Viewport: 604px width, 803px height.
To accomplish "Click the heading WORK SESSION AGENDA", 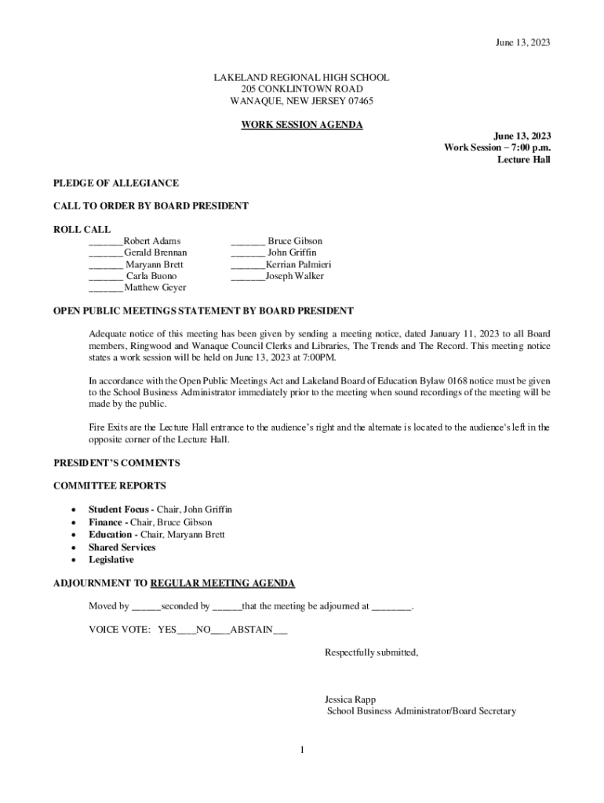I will [302, 125].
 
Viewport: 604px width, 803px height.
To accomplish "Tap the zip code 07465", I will [356, 101].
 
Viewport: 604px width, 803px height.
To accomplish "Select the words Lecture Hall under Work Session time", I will [524, 160].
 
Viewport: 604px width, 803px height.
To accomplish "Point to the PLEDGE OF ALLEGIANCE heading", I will [116, 183].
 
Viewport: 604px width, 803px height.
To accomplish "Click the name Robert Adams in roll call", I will [152, 241].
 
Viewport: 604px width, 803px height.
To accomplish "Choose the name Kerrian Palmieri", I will [298, 264].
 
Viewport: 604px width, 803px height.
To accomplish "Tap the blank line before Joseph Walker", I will [247, 277].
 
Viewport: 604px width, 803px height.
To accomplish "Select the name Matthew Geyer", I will [155, 288].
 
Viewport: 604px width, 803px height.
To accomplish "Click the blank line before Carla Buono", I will [105, 277].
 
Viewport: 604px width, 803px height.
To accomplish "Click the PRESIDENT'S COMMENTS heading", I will [116, 463].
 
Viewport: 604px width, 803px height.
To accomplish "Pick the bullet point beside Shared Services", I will [73, 547].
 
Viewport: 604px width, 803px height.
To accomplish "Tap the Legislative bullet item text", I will [111, 560].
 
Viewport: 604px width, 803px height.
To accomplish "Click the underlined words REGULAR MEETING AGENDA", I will [223, 583].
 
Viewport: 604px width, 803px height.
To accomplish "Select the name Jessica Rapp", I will [350, 699].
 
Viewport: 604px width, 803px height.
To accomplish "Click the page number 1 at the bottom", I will [301, 750].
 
